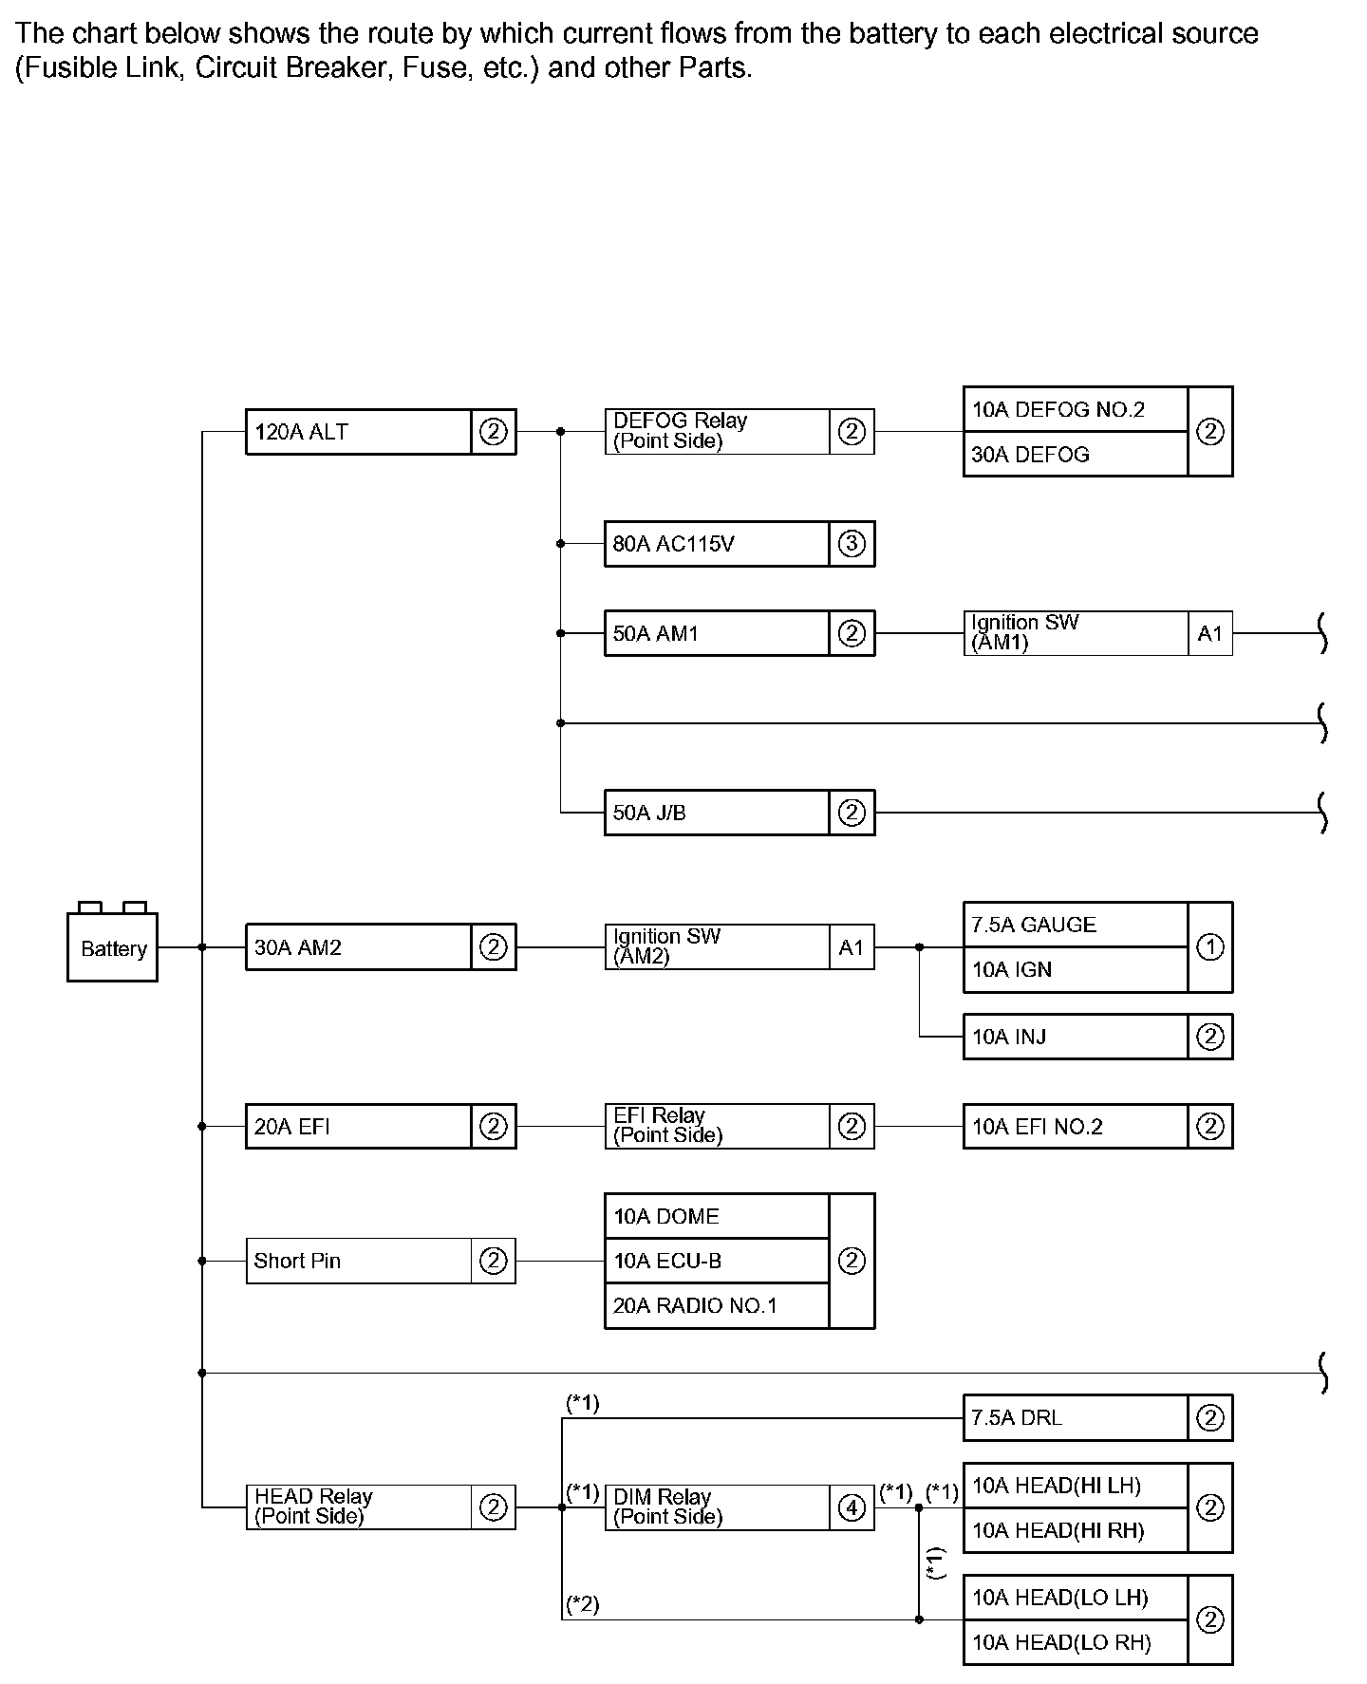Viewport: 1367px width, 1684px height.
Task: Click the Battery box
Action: click(x=112, y=946)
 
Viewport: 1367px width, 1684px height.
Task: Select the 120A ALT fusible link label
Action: click(x=301, y=432)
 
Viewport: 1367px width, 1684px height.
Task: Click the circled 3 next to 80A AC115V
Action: click(x=852, y=544)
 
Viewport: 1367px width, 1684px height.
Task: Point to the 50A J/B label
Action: click(x=649, y=813)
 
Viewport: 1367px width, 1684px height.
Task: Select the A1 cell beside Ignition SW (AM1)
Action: click(x=1210, y=633)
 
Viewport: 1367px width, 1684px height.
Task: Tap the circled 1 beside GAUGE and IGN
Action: click(x=1210, y=947)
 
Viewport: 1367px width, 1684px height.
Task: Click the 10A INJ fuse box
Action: click(x=1097, y=1037)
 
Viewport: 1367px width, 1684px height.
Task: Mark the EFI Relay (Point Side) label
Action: click(x=668, y=1126)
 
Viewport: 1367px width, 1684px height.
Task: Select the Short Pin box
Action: click(x=381, y=1261)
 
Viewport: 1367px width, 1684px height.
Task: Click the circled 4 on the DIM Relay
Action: click(x=852, y=1507)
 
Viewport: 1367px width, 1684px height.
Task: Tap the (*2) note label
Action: click(x=583, y=1604)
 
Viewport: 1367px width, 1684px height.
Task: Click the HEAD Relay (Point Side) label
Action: click(x=313, y=1506)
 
